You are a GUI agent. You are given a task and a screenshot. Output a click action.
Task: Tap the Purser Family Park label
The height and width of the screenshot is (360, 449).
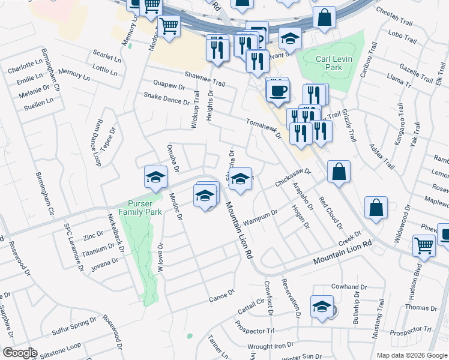(x=140, y=208)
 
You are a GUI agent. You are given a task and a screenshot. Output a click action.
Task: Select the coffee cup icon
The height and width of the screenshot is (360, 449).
(x=278, y=92)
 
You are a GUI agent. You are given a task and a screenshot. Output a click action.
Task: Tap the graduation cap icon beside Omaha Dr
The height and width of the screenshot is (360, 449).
(x=155, y=178)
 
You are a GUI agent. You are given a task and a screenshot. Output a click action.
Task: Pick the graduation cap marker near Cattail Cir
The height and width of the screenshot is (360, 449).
(x=322, y=307)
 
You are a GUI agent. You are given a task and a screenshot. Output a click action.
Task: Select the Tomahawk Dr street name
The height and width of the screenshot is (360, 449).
(x=264, y=128)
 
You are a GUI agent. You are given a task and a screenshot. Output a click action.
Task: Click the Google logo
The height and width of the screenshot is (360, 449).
(x=19, y=353)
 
